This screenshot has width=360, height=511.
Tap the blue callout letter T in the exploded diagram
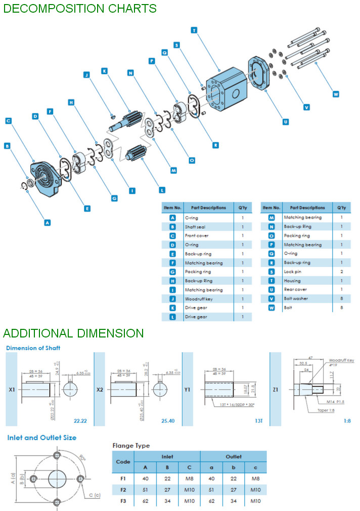click(x=194, y=30)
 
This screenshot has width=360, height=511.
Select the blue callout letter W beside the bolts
click(x=336, y=93)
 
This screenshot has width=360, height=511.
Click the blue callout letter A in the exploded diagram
click(x=48, y=222)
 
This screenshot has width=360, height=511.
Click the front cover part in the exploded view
click(x=49, y=177)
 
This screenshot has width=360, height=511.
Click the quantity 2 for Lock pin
click(x=341, y=272)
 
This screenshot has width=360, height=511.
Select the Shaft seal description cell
click(x=195, y=227)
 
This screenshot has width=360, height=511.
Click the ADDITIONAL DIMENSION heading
click(x=73, y=333)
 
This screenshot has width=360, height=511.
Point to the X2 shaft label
click(x=101, y=390)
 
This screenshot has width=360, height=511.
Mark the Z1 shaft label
click(x=276, y=390)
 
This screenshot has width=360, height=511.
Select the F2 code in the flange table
click(x=123, y=489)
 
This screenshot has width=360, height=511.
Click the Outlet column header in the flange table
click(x=234, y=456)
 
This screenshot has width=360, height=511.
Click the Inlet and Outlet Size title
click(x=41, y=437)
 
